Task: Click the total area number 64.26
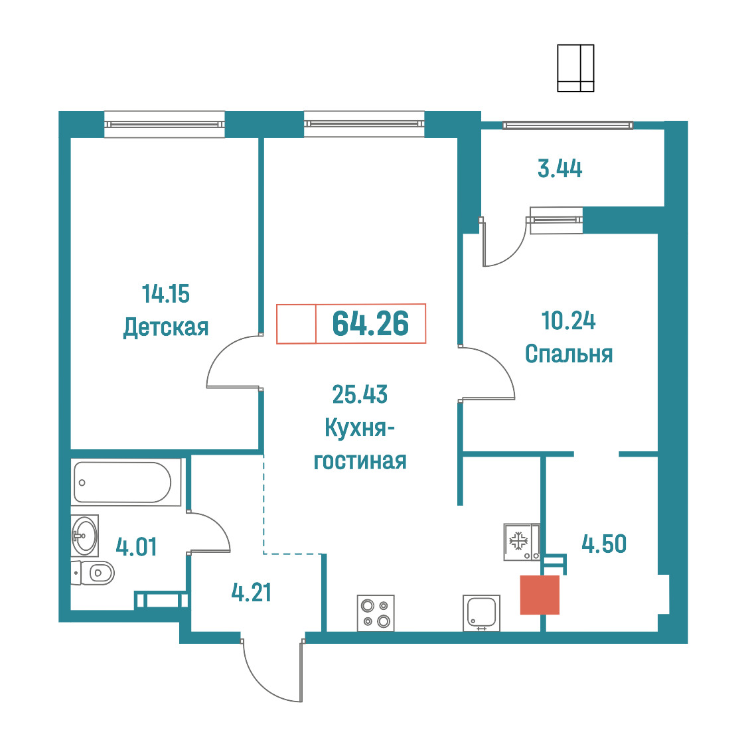(370, 323)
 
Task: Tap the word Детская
(166, 327)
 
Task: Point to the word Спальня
(569, 354)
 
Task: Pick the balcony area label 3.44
(559, 169)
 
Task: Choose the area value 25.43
(360, 394)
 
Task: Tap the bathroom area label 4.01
(136, 547)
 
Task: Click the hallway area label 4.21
(251, 592)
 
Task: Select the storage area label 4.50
(604, 544)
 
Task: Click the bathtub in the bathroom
(126, 483)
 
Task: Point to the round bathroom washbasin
(85, 536)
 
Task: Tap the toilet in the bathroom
(93, 572)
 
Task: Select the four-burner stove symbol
(376, 613)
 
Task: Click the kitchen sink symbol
(481, 613)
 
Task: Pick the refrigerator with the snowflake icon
(522, 542)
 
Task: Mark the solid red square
(540, 595)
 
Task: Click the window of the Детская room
(164, 124)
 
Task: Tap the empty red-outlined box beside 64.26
(297, 323)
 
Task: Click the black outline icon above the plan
(575, 68)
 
